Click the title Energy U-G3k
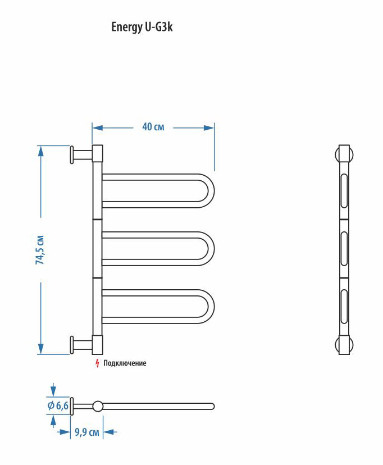click(x=142, y=28)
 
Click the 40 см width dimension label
click(x=153, y=127)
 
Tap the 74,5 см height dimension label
click(x=40, y=249)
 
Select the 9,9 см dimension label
click(x=86, y=432)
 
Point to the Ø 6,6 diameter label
click(x=58, y=405)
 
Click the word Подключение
click(x=125, y=363)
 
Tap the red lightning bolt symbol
click(x=97, y=363)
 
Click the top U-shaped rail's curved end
click(x=209, y=191)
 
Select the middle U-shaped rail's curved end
click(x=209, y=248)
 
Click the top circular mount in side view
click(x=344, y=154)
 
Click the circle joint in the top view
click(x=98, y=406)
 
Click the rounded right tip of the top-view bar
click(x=212, y=406)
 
